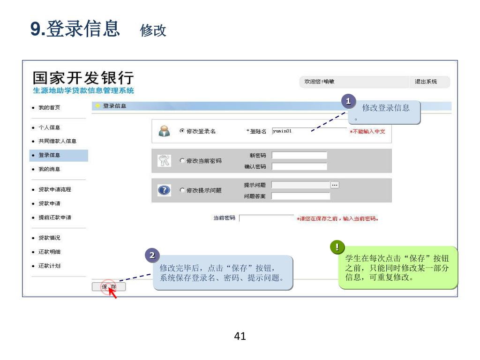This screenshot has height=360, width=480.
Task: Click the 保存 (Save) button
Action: (x=109, y=287)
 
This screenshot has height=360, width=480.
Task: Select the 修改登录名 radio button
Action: (x=182, y=131)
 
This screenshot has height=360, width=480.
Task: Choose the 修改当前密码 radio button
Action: (x=182, y=161)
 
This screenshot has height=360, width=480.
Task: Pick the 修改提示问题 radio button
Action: (x=182, y=190)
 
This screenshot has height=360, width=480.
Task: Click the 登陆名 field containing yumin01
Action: (x=309, y=131)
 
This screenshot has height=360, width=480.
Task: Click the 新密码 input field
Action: (x=299, y=156)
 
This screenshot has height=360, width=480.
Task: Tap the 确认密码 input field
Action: (x=299, y=166)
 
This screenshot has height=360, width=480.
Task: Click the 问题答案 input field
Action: (x=300, y=196)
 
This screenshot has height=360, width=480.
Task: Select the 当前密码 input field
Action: (x=266, y=218)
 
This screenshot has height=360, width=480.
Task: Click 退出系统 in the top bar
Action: (x=426, y=82)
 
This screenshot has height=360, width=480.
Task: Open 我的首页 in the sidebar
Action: (x=49, y=108)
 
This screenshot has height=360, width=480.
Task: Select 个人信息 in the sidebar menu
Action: (x=49, y=127)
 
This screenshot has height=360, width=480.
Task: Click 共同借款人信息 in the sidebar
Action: (x=57, y=141)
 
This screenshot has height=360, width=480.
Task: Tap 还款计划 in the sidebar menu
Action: (x=49, y=266)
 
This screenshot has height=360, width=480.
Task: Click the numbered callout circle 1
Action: (x=348, y=101)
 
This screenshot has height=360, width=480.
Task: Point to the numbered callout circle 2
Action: (x=151, y=255)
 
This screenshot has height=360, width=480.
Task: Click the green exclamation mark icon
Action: (x=337, y=247)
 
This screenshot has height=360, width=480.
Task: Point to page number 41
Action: (x=240, y=336)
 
